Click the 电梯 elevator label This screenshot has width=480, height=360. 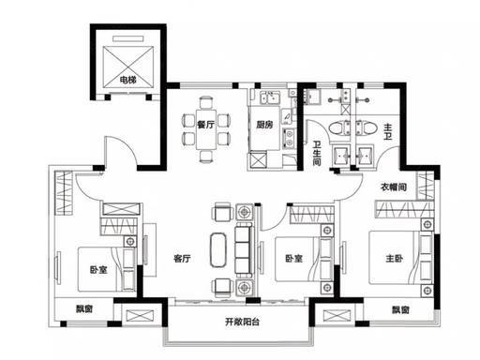click(x=128, y=80)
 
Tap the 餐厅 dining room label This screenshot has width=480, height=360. click(x=206, y=125)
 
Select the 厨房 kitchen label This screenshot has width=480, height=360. click(x=264, y=125)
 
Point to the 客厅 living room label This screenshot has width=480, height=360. click(x=182, y=259)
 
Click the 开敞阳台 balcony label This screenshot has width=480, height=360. click(x=242, y=322)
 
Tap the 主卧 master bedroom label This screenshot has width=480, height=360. click(x=395, y=259)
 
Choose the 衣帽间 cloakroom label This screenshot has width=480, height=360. click(x=394, y=187)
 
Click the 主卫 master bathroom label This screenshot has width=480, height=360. click(x=388, y=132)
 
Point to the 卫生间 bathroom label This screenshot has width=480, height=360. click(x=317, y=153)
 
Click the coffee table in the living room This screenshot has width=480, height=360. click(x=218, y=249)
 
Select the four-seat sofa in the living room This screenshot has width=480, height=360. click(x=244, y=251)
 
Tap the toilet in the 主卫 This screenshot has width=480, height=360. click(x=364, y=128)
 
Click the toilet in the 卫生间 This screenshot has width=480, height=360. click(x=339, y=128)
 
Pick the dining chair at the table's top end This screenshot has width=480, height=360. click(x=206, y=102)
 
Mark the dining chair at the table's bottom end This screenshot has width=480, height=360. click(x=206, y=156)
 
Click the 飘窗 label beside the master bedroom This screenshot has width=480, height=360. click(x=401, y=310)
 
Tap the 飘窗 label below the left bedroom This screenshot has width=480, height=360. click(x=84, y=309)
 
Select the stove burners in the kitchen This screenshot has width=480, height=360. click(x=289, y=138)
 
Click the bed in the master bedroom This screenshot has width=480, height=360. click(x=401, y=258)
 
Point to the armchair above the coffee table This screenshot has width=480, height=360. click(x=223, y=212)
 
